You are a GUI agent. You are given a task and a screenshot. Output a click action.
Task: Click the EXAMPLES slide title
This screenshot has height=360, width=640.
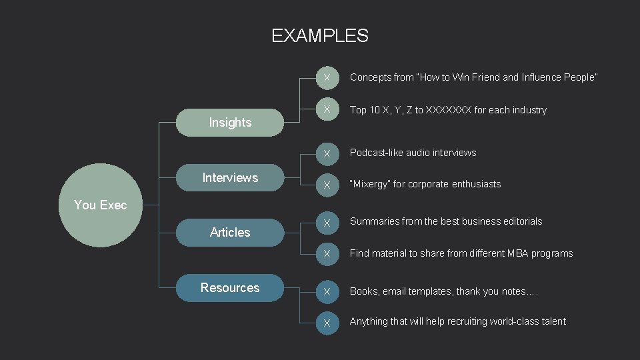point(319,35)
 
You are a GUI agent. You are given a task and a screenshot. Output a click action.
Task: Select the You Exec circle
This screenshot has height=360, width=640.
point(101,205)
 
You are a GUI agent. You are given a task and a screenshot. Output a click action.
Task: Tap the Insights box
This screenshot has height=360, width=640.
point(230,123)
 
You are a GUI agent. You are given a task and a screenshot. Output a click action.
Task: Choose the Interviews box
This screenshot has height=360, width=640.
point(230,178)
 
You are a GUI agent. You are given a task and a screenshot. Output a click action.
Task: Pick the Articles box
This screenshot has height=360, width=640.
point(230,233)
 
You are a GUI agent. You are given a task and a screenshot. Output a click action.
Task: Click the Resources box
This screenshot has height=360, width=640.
point(230,288)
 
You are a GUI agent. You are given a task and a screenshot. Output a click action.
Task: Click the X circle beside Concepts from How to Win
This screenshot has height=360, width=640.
point(327,78)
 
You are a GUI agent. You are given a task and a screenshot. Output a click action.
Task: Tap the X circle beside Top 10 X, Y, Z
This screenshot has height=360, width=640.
point(327,109)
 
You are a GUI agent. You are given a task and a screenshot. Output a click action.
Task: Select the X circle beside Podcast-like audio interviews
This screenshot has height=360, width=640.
point(327,154)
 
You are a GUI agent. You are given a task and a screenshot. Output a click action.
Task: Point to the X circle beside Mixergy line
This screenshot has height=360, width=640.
point(327,185)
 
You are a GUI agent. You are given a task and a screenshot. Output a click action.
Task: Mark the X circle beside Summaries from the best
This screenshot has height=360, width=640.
point(327,223)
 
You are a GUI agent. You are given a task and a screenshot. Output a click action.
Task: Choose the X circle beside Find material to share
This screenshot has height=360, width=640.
point(327,254)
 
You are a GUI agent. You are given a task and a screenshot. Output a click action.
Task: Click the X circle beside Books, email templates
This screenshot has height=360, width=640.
point(327,292)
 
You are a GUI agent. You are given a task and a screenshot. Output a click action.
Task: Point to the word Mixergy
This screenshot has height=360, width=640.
point(370,184)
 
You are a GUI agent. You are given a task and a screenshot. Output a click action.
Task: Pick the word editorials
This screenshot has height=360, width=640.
point(520,221)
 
